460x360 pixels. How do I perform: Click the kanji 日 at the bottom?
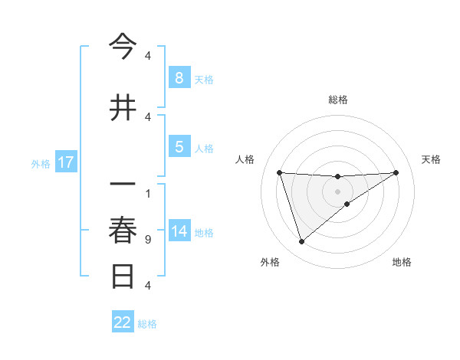123,276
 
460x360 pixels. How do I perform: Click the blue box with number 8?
179,78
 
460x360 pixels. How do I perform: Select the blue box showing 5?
179,148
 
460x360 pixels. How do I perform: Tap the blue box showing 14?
179,232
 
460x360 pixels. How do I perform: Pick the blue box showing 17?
65,162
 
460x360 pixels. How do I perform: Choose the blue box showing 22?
123,322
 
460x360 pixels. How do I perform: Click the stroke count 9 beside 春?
147,240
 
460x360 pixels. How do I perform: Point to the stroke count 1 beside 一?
147,193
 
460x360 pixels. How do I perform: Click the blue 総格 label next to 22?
147,324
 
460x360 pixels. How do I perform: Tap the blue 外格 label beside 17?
40,163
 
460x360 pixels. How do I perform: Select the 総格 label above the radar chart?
337,100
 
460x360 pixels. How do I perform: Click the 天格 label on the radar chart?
431,159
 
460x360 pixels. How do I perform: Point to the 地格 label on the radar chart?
402,262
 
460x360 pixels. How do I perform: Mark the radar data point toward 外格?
301,242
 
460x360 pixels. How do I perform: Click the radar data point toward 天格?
396,172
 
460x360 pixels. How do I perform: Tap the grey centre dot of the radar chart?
337,191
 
